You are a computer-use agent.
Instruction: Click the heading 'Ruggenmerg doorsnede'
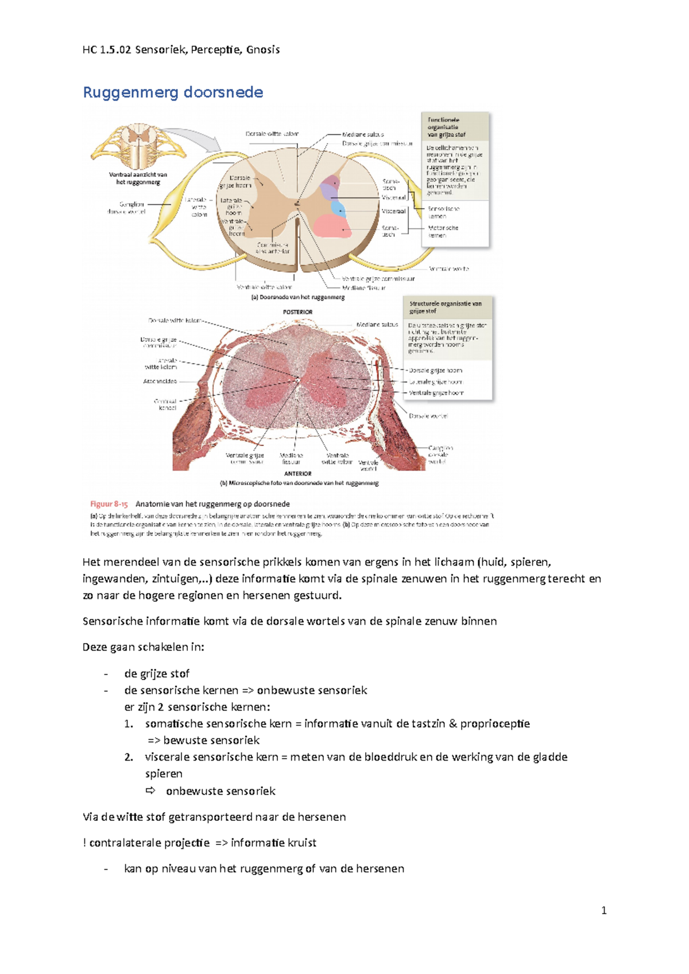click(x=173, y=92)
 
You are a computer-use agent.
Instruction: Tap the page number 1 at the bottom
click(x=603, y=910)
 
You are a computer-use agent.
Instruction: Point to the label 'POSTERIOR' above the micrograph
click(x=297, y=312)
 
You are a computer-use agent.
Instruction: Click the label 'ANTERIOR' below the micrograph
click(x=298, y=474)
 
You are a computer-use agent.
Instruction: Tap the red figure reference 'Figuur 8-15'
click(x=109, y=504)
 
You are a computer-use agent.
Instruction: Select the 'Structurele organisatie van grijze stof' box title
click(x=445, y=307)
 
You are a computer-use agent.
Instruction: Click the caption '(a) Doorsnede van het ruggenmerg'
click(x=298, y=297)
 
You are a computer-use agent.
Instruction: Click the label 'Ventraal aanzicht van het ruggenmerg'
click(x=138, y=178)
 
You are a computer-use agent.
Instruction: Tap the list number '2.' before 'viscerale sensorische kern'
click(x=129, y=757)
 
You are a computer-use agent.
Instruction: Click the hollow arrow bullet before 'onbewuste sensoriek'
click(x=150, y=790)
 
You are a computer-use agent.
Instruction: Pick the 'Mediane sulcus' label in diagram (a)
click(x=363, y=134)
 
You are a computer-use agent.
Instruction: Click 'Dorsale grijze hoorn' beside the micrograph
click(x=435, y=371)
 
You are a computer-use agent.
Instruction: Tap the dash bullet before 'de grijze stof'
click(x=106, y=674)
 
